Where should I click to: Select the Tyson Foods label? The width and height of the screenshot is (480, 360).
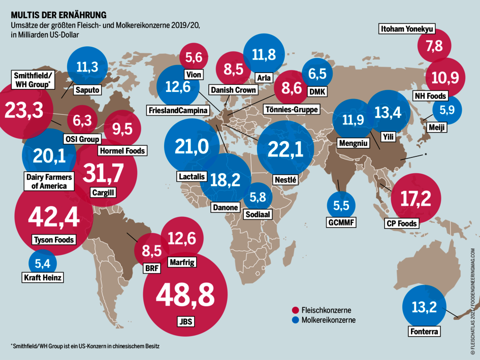53,240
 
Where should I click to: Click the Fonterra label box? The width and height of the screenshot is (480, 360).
424,332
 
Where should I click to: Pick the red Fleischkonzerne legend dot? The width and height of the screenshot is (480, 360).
295,310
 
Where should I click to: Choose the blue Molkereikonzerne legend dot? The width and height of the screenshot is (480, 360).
295,320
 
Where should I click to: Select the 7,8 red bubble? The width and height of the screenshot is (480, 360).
434,46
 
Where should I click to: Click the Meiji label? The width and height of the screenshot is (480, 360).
436,127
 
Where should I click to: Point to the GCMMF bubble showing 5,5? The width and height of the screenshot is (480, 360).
341,205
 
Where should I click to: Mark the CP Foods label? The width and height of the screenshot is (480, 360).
401,223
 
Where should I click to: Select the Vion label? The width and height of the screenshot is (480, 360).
194,75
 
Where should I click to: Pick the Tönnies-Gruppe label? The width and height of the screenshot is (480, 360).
291,109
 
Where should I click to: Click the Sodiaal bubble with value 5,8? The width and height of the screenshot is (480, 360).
261,195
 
